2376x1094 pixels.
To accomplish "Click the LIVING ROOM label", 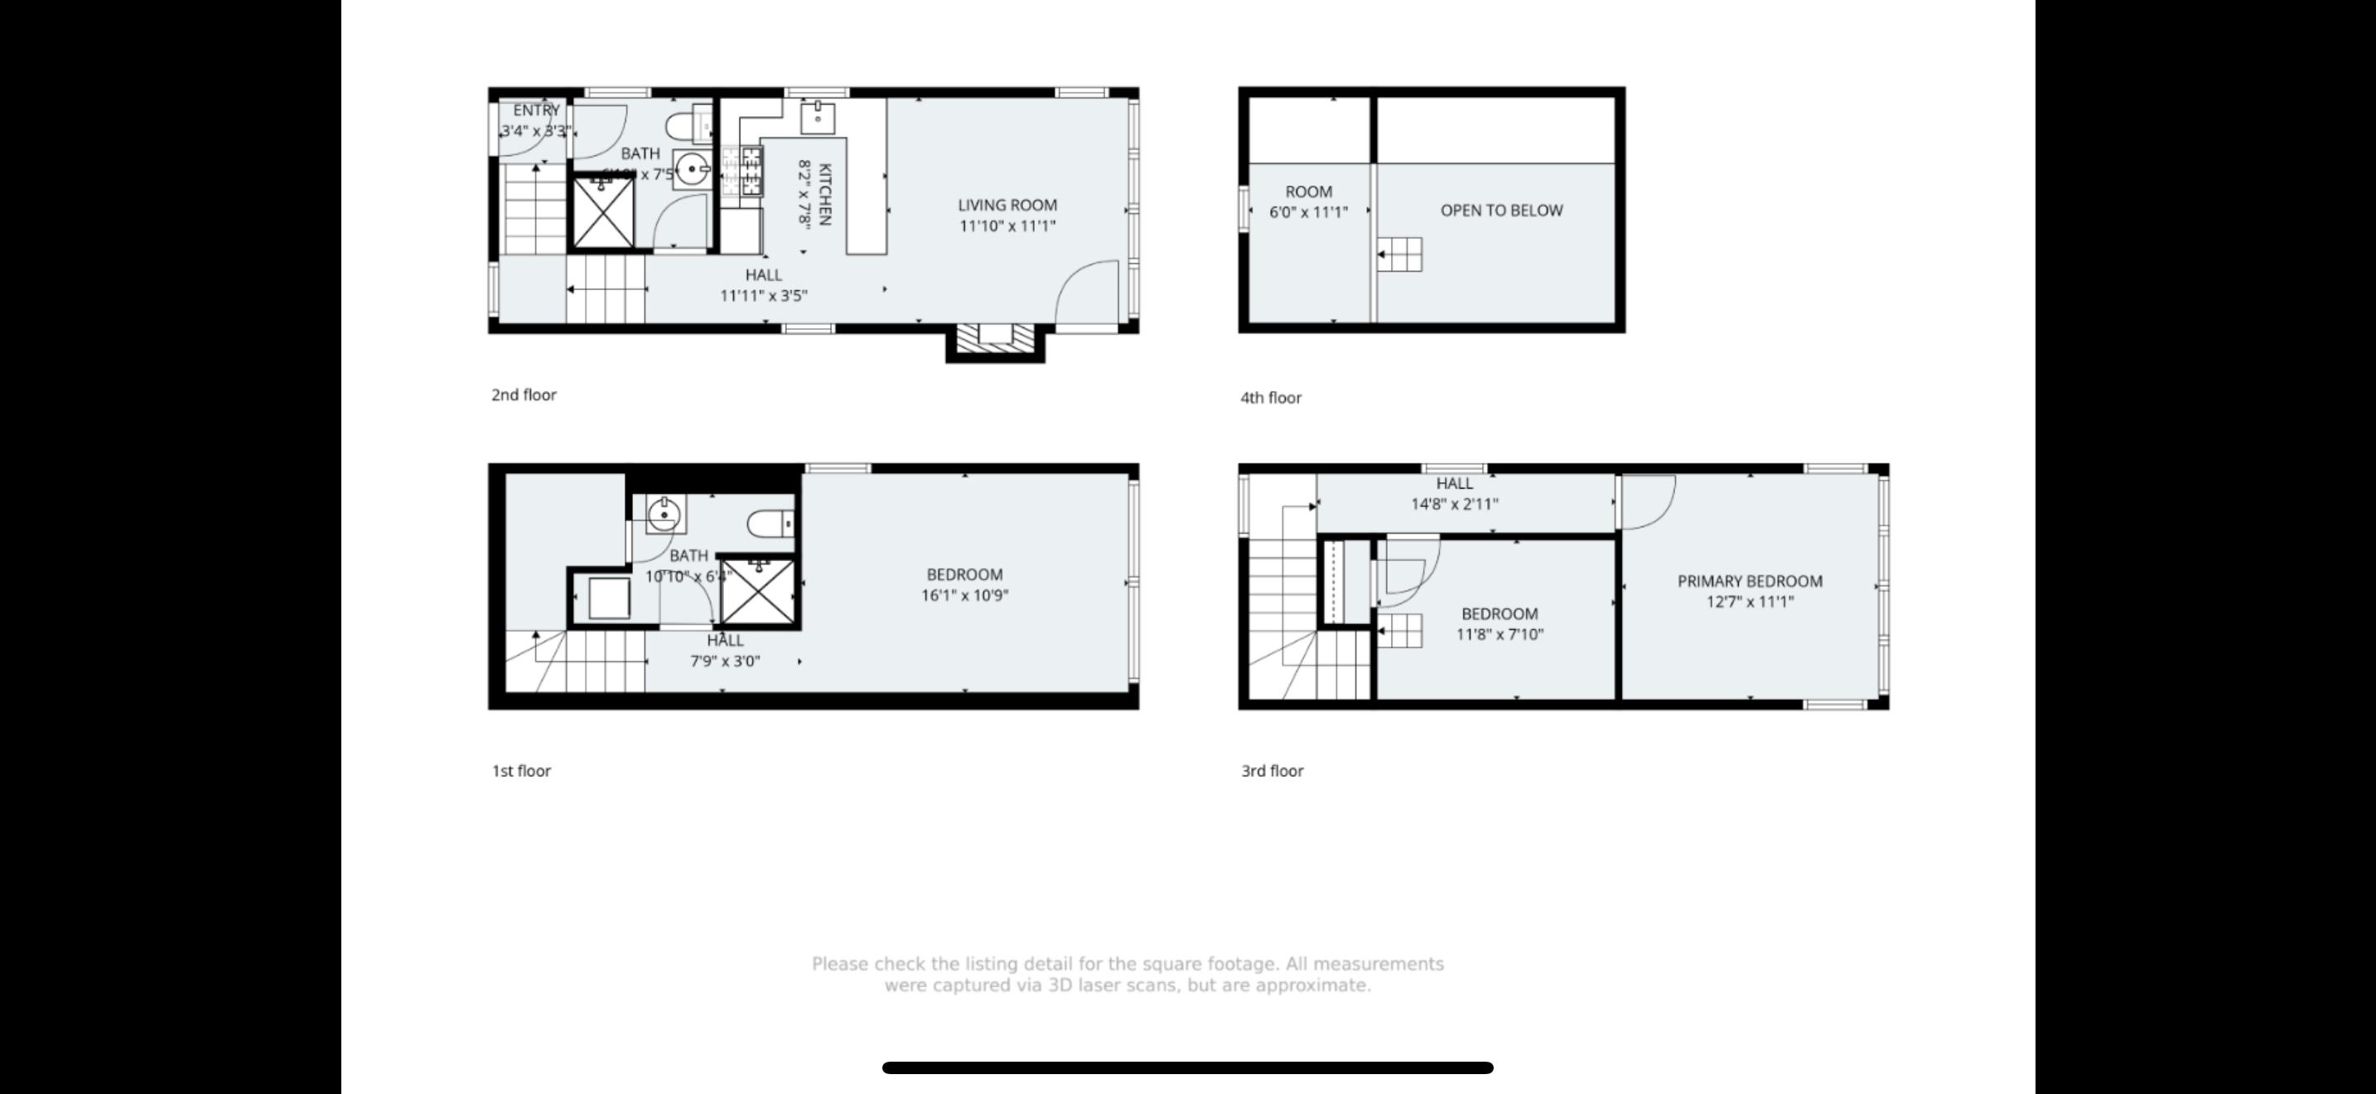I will (1007, 205).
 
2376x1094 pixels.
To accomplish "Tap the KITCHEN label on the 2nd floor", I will (824, 194).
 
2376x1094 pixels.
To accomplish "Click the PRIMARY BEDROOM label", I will (1749, 581).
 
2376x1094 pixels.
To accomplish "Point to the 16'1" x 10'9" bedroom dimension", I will (963, 596).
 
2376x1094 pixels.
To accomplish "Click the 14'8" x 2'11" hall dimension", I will (1454, 505).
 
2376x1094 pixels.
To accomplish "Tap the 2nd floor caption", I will (523, 395).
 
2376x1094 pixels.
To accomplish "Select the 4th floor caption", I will (1270, 398).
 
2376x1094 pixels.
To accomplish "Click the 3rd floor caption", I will (1271, 770).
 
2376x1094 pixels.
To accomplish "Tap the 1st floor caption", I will (520, 770).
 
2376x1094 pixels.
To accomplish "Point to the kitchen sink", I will (817, 117).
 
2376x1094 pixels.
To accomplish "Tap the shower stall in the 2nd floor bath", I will (603, 213).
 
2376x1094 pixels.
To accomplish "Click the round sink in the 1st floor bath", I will (664, 515).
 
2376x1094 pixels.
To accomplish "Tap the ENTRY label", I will (536, 109).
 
